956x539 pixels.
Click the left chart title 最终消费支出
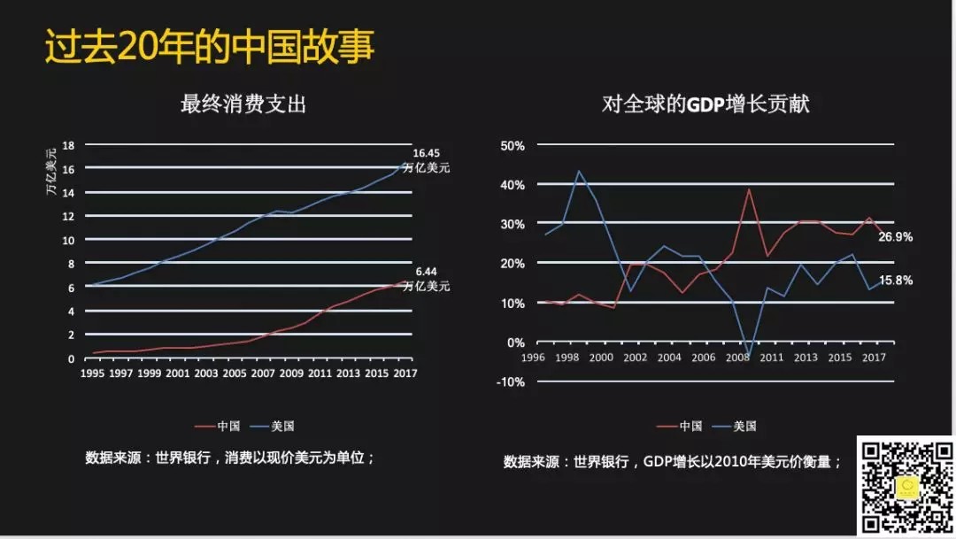243,104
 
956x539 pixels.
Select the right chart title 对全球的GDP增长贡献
705,104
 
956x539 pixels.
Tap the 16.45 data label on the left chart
426,153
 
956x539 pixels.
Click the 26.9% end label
896,237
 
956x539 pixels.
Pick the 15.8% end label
896,281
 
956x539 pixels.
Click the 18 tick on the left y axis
69,144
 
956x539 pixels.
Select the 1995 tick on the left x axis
92,373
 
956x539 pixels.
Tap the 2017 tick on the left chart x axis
405,373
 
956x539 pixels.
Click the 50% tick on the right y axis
513,145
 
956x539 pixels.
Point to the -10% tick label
511,382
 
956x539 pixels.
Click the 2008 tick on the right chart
736,358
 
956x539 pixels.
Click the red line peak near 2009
749,189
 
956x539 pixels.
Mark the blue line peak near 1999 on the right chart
580,171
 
